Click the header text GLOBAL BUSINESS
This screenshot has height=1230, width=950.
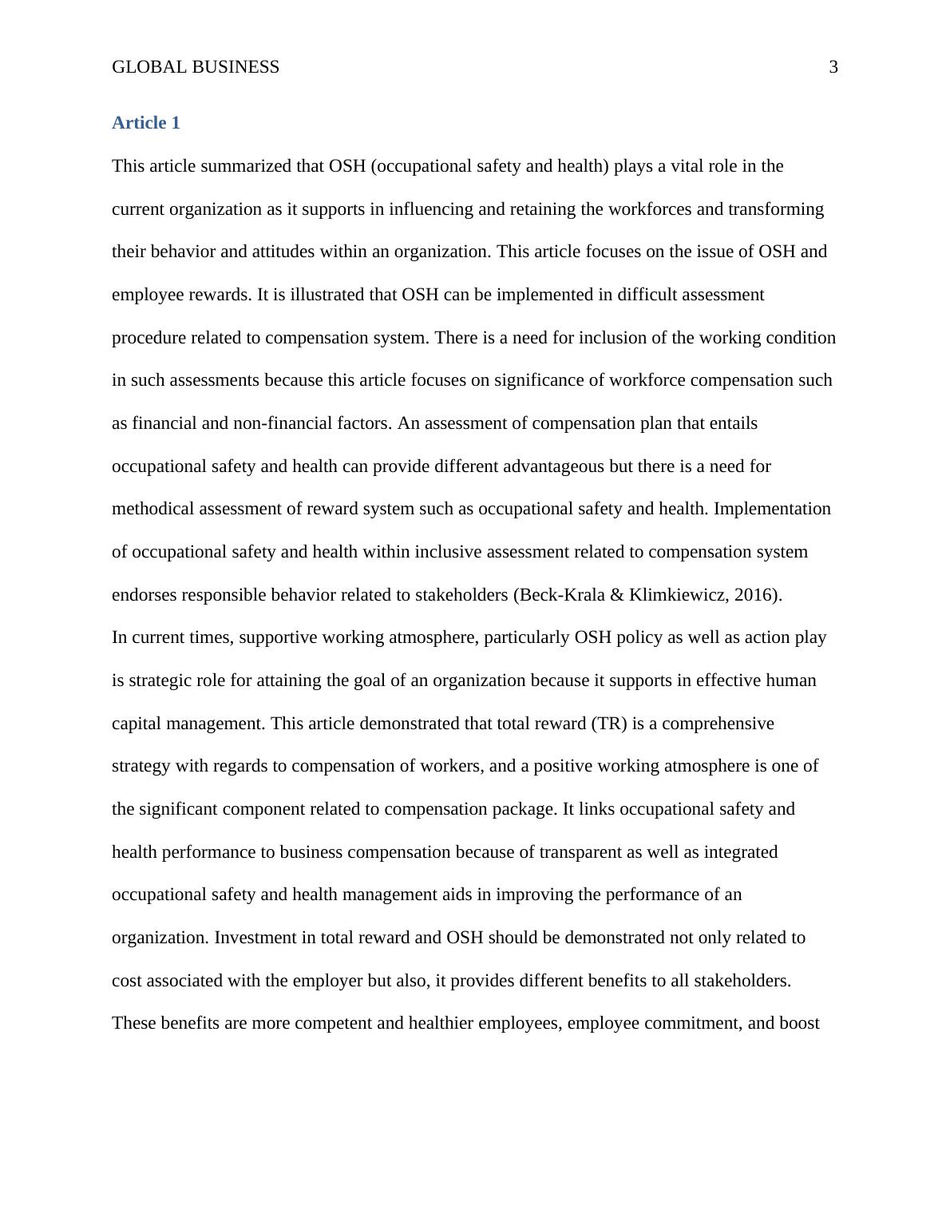[x=196, y=67]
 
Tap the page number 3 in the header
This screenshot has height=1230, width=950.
[x=833, y=67]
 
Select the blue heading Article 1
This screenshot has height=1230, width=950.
[x=146, y=123]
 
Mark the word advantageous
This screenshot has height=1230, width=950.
[x=554, y=466]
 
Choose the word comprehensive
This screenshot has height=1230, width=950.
[x=718, y=724]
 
